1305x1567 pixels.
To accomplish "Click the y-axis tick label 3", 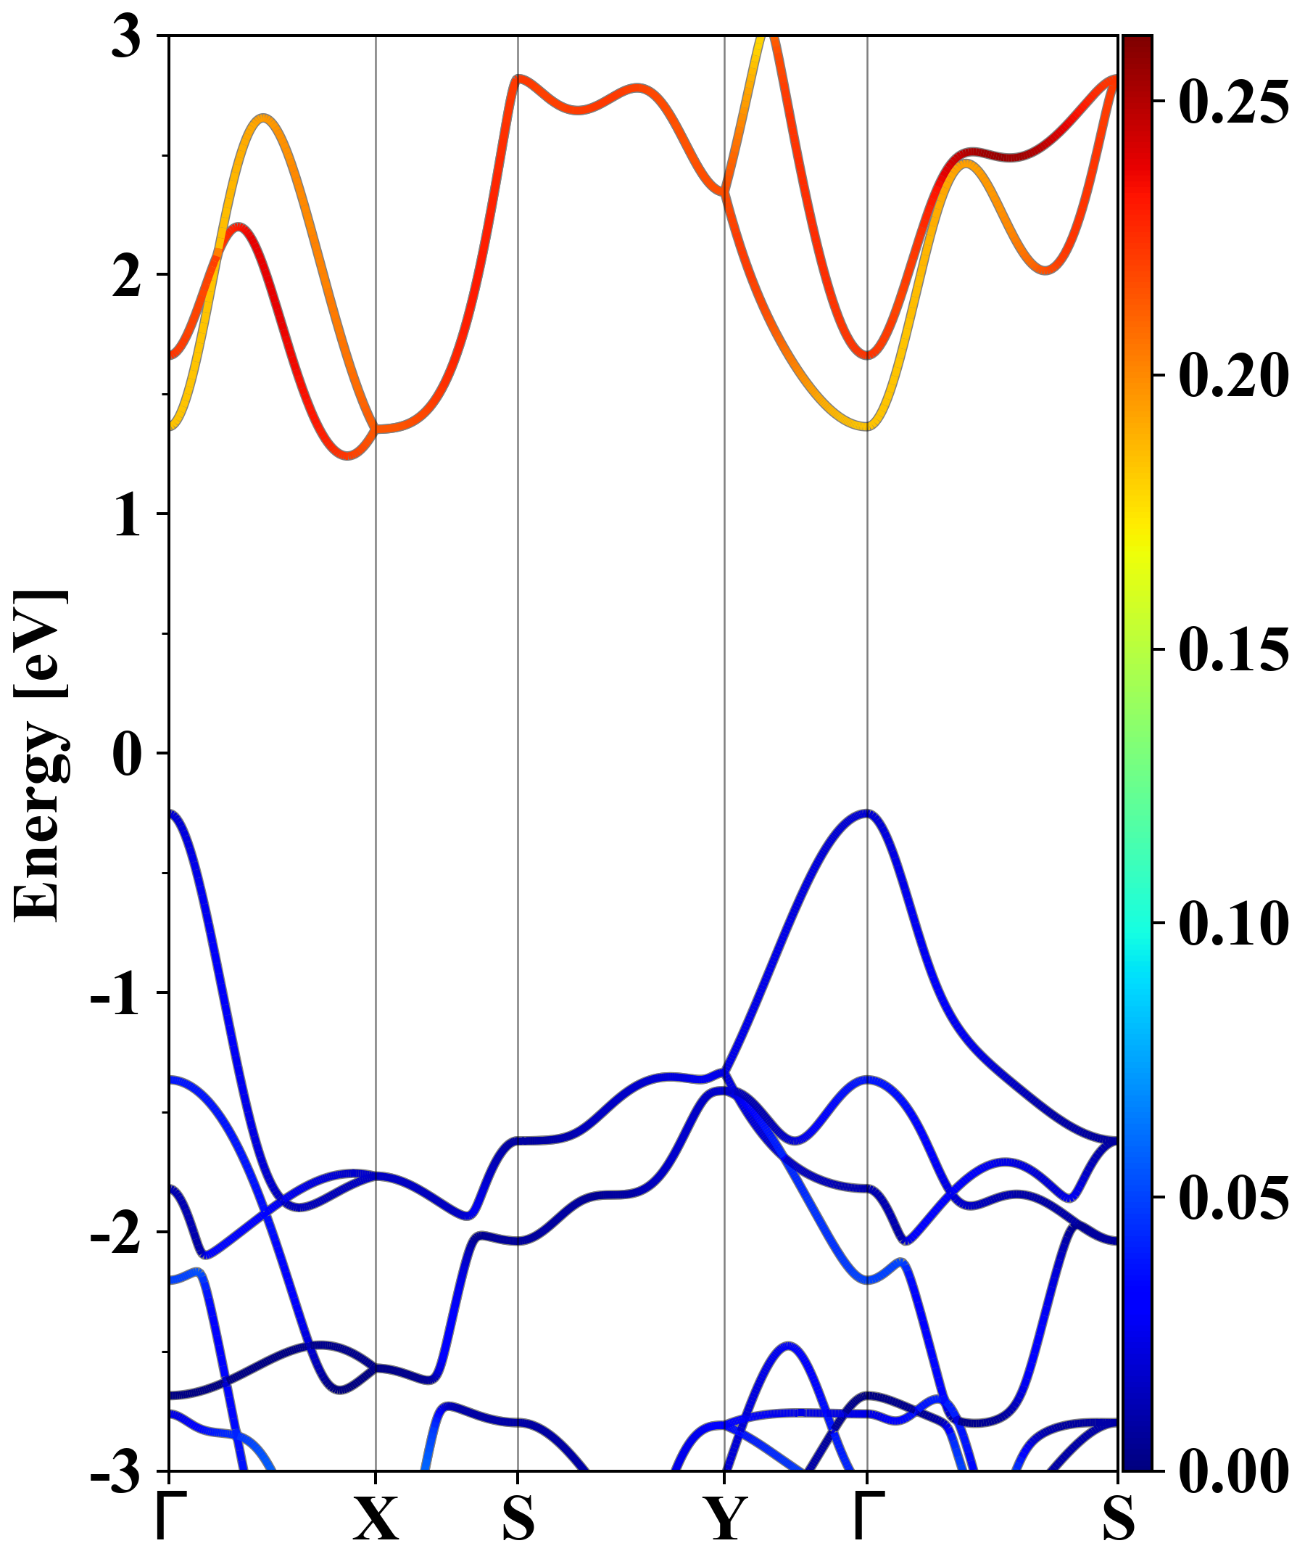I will click(x=126, y=37).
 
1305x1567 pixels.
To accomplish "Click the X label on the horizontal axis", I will click(x=375, y=1518).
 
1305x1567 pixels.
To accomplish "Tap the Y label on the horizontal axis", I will click(x=724, y=1518).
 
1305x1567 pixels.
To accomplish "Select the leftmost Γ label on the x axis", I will click(x=170, y=1518).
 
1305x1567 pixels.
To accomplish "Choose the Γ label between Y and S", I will click(x=867, y=1518).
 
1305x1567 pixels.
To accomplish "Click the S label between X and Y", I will click(x=518, y=1518).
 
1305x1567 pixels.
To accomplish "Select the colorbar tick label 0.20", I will click(x=1232, y=374).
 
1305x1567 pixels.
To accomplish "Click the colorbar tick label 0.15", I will click(x=1232, y=649).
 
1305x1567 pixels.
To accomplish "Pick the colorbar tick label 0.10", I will click(x=1232, y=924).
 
